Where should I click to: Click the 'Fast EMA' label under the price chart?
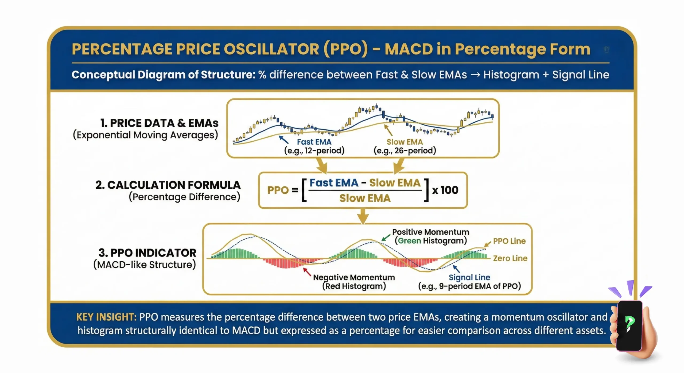click(314, 142)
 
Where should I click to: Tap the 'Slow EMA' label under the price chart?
click(405, 142)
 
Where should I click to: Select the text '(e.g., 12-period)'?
click(314, 150)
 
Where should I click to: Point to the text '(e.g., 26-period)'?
click(405, 150)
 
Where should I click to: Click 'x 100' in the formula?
click(445, 190)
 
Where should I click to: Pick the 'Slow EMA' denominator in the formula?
click(365, 198)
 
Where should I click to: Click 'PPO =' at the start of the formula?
click(282, 190)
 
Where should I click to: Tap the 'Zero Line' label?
click(510, 258)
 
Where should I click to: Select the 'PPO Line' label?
click(509, 241)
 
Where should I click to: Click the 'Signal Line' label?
click(469, 277)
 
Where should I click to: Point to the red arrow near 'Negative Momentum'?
click(307, 272)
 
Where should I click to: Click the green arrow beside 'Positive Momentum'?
click(386, 238)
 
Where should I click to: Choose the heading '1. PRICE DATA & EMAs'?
click(159, 123)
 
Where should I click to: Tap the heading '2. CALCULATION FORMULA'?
click(168, 185)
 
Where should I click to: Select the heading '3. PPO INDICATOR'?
click(147, 253)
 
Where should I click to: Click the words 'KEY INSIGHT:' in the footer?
click(106, 317)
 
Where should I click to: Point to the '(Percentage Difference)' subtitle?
click(184, 197)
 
